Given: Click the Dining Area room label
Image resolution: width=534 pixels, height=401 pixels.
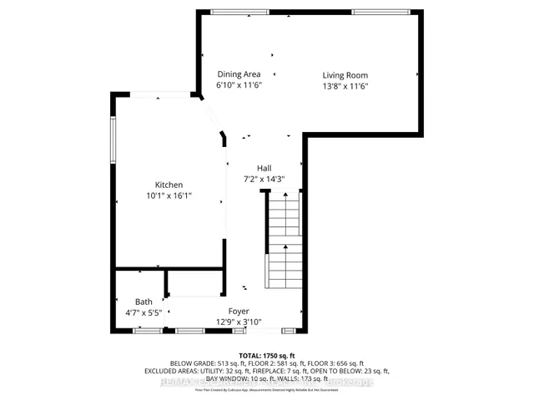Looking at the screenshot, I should click(239, 74).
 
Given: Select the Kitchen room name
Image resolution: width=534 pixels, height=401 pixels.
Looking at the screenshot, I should click(169, 185).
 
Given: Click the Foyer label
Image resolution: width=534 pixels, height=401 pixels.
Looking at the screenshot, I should click(239, 311).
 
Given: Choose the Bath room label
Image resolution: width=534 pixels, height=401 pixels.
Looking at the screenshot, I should click(144, 302).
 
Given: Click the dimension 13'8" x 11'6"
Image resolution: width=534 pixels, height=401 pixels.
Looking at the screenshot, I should click(345, 86).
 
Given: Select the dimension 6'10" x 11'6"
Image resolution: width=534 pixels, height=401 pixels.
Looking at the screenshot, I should click(239, 85).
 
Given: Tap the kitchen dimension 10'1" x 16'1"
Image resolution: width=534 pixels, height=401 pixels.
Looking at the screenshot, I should click(169, 195).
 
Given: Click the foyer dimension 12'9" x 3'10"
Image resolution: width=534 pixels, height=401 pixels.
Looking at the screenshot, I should click(239, 322).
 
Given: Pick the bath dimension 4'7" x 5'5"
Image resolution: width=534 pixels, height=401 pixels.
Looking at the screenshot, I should click(144, 313).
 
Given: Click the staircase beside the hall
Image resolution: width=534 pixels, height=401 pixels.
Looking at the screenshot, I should click(285, 242).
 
